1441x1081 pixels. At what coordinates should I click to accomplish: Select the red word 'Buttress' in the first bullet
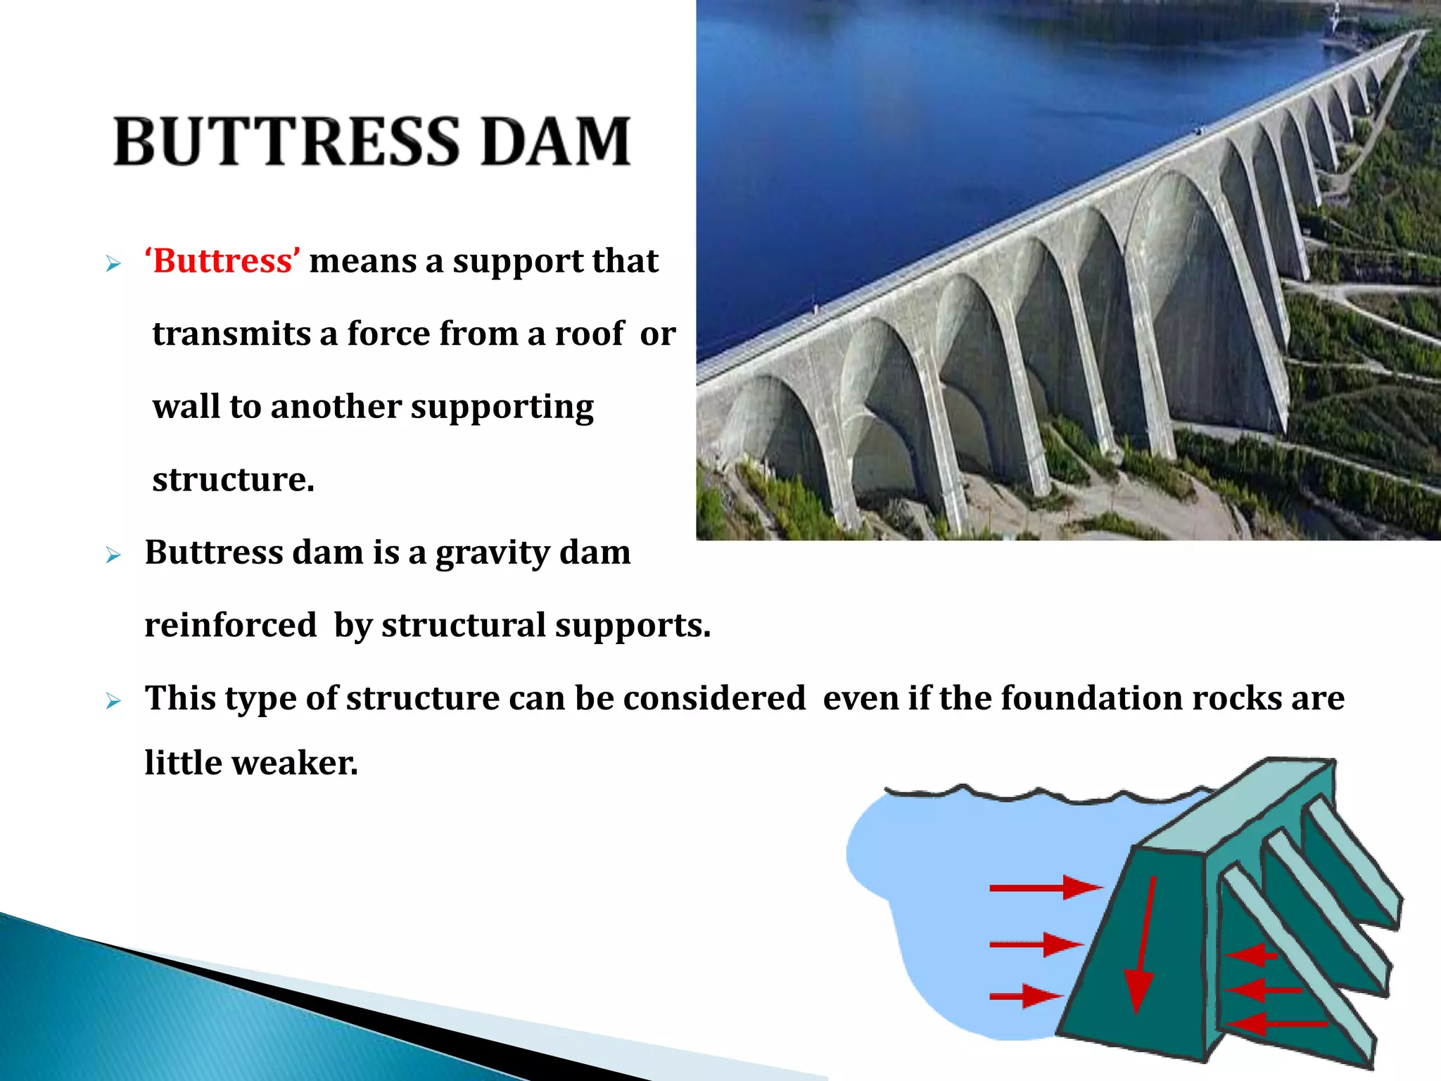(222, 261)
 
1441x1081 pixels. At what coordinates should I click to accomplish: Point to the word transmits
(231, 334)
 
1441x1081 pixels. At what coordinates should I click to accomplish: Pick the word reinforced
(231, 625)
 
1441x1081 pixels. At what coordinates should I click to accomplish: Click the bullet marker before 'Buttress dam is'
(113, 555)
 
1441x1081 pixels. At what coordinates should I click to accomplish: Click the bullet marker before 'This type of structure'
(113, 701)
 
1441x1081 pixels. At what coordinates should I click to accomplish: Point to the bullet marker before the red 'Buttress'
(113, 265)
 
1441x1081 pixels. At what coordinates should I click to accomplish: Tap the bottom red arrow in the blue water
(1024, 996)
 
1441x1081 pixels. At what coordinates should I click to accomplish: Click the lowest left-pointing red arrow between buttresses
(1277, 1023)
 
